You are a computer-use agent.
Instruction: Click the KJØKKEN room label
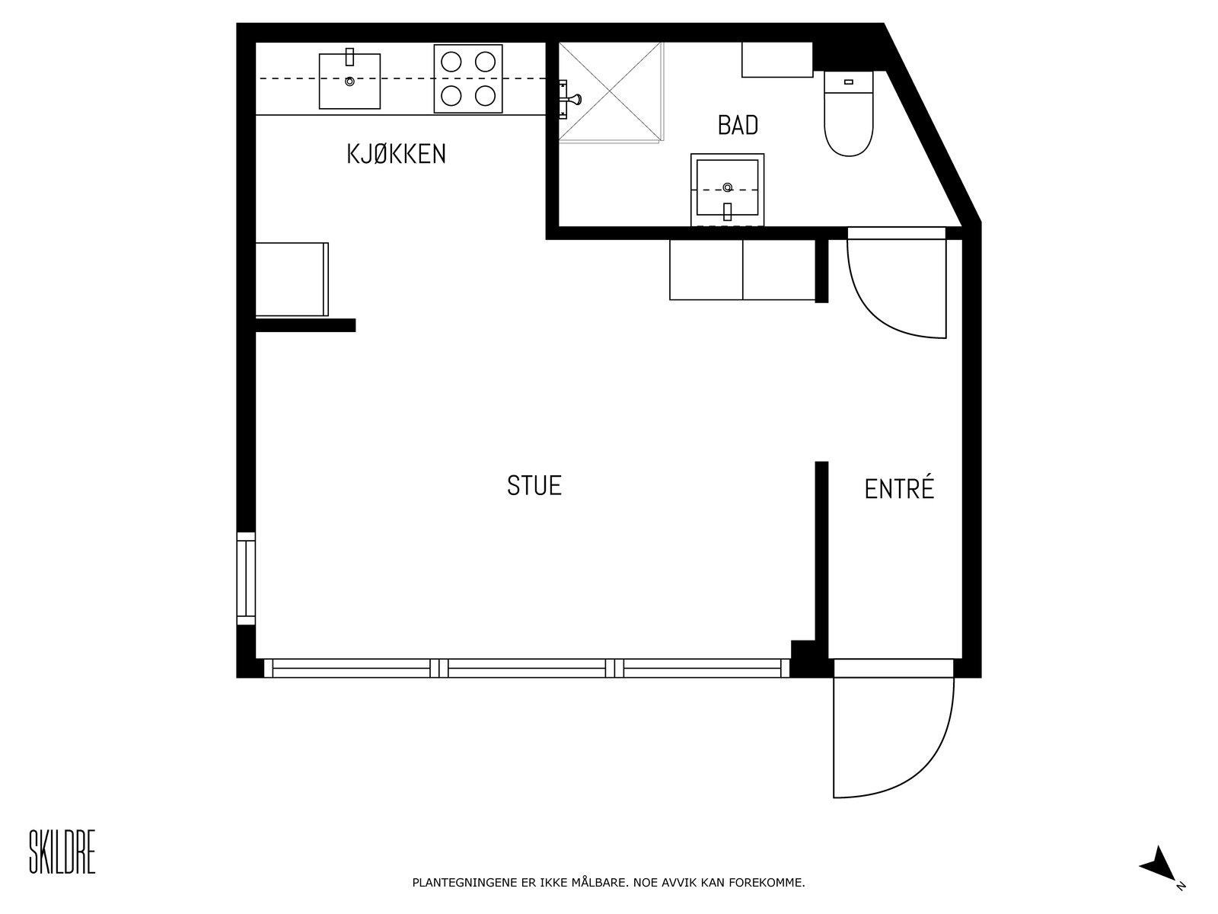396,155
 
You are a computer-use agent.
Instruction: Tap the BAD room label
738,125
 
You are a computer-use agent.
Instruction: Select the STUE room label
534,486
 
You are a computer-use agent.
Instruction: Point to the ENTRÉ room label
899,489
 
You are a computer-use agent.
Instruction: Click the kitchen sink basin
349,81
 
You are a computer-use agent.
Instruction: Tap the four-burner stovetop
468,79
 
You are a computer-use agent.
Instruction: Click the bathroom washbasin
727,188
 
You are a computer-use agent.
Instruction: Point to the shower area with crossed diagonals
611,91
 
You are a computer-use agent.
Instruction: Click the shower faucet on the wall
570,99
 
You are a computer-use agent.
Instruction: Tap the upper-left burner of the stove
452,61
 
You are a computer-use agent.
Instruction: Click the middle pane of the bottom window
531,669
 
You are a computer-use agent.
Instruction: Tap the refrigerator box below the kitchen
291,280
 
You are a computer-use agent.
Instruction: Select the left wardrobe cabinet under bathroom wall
706,270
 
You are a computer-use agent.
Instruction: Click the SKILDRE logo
62,852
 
